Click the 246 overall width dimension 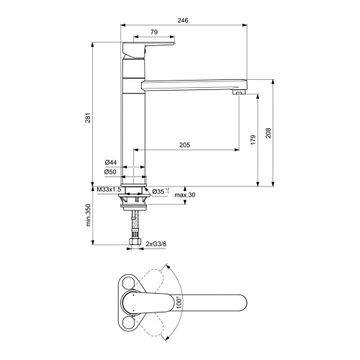[x=184, y=22]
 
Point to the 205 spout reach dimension [x=184, y=145]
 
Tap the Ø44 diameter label [x=110, y=162]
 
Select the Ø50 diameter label [x=110, y=172]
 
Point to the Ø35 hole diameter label [x=160, y=191]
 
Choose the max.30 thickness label [x=185, y=194]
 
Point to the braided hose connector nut [x=134, y=242]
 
